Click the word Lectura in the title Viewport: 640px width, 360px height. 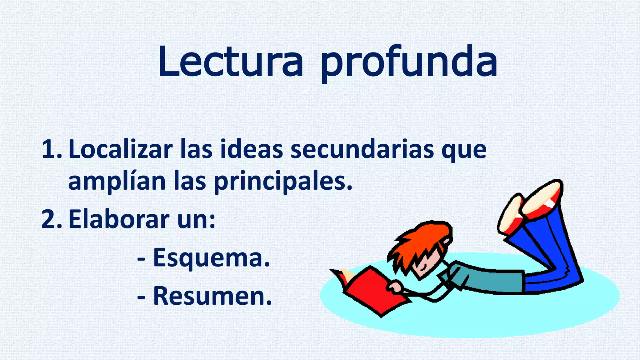[x=231, y=62]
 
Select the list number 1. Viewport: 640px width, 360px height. [x=52, y=149]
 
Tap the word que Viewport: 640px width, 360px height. [x=464, y=152]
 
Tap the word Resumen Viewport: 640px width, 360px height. [x=212, y=296]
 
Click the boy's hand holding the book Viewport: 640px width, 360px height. [x=394, y=287]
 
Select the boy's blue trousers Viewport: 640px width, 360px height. [x=550, y=250]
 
